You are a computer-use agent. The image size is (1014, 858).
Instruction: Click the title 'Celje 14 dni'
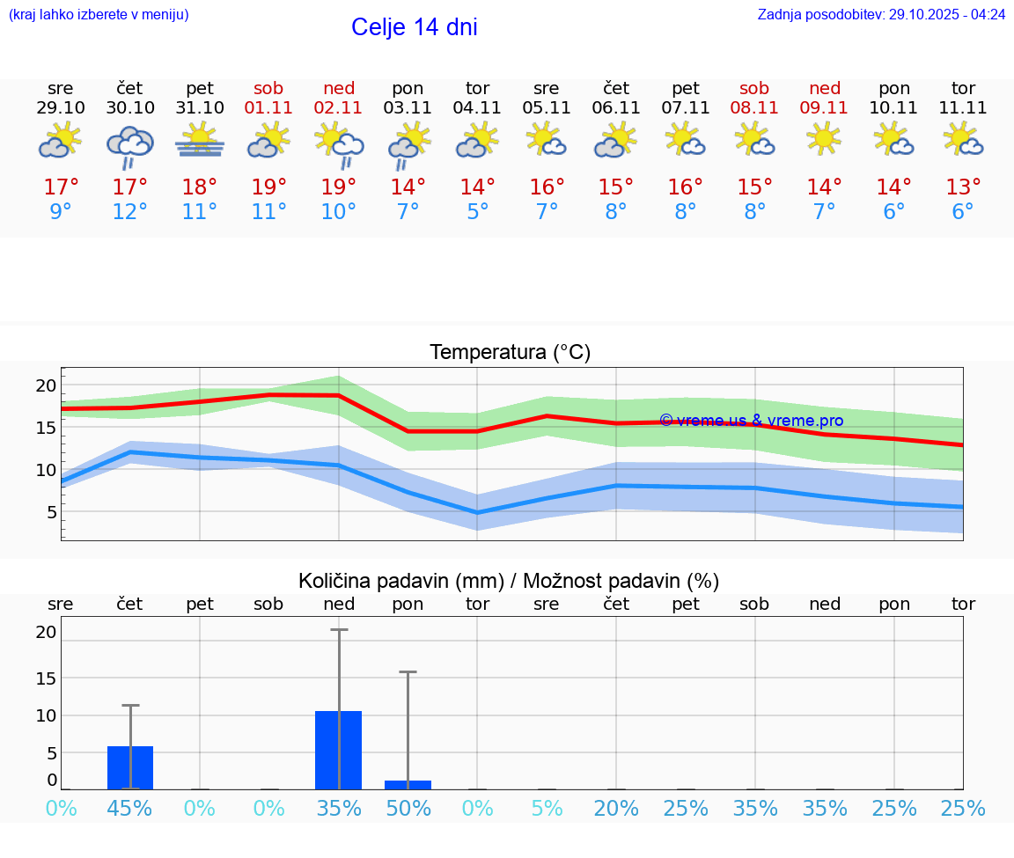coord(414,27)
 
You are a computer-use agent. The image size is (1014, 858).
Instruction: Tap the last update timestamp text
coord(881,15)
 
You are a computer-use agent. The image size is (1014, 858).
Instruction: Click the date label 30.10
coord(130,108)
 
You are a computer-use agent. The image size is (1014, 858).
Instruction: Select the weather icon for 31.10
coord(200,141)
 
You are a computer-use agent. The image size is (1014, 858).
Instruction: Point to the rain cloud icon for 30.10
coord(130,145)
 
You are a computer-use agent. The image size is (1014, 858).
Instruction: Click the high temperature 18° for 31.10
coord(200,187)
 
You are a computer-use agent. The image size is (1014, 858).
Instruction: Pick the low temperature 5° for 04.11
coord(477,212)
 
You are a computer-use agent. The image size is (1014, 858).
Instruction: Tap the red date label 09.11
coord(824,108)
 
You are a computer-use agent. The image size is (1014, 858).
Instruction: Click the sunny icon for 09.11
coord(824,139)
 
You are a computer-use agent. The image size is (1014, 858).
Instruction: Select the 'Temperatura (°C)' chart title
coord(510,353)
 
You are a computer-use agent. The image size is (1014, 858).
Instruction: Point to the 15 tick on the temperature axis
coord(46,428)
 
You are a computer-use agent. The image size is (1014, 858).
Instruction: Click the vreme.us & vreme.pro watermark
coord(751,421)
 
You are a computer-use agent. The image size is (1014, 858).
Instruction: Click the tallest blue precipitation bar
coord(338,750)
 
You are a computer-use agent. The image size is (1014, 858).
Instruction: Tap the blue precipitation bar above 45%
coord(130,767)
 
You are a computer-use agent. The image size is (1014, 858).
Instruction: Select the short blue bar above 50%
coord(408,785)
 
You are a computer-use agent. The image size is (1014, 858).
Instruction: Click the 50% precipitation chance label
coord(408,808)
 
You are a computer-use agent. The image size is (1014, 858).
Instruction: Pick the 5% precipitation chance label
coord(547,808)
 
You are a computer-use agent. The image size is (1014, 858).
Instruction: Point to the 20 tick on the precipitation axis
coord(46,632)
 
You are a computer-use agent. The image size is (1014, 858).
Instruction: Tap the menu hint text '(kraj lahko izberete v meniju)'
coord(99,15)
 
